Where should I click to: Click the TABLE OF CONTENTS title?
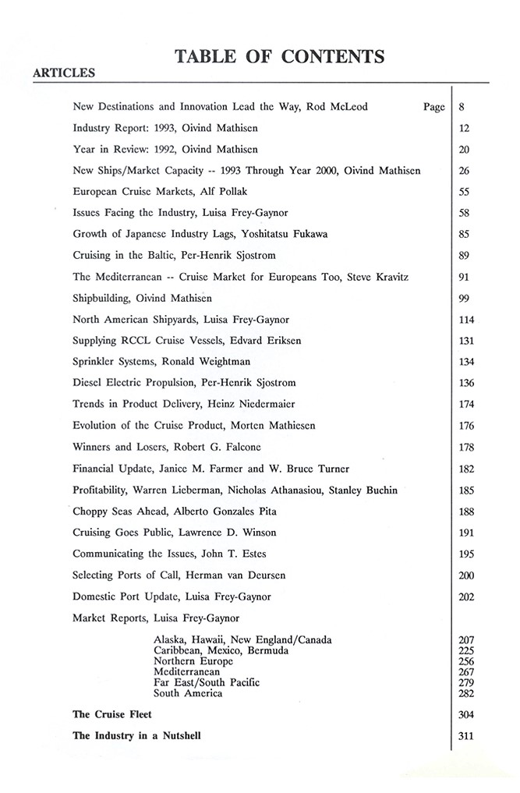click(x=280, y=56)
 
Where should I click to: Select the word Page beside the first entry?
click(x=434, y=107)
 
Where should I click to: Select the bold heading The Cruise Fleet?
click(x=112, y=713)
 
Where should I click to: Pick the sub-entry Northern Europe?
click(x=193, y=661)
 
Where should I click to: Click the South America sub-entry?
click(x=188, y=693)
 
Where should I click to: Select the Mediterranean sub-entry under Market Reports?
click(x=187, y=671)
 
